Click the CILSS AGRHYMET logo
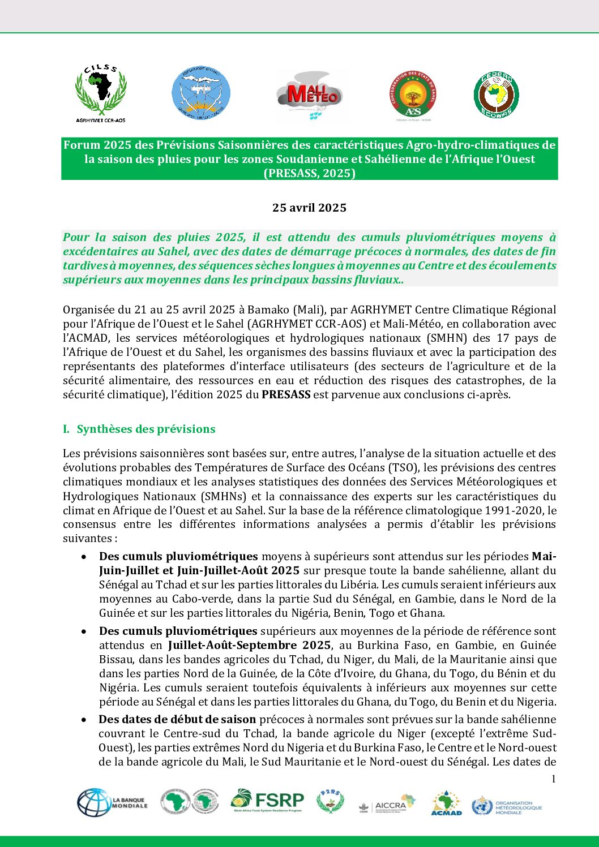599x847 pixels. (101, 93)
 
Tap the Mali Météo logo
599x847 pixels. (309, 95)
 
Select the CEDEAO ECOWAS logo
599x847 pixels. (496, 94)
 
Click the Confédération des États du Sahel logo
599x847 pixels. (413, 95)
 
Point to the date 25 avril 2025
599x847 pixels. (309, 208)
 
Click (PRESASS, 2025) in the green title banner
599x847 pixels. (309, 173)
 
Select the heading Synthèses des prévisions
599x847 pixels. (146, 429)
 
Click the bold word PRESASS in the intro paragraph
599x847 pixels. (286, 394)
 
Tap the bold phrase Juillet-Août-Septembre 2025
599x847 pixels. (249, 645)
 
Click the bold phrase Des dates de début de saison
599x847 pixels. (177, 719)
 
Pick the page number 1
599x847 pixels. (553, 779)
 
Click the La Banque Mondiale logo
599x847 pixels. (112, 803)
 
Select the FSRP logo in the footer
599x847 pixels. (267, 801)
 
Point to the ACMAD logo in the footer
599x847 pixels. (447, 803)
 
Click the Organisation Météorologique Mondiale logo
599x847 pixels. (507, 806)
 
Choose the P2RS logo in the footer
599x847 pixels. (330, 802)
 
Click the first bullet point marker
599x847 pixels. (84, 557)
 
